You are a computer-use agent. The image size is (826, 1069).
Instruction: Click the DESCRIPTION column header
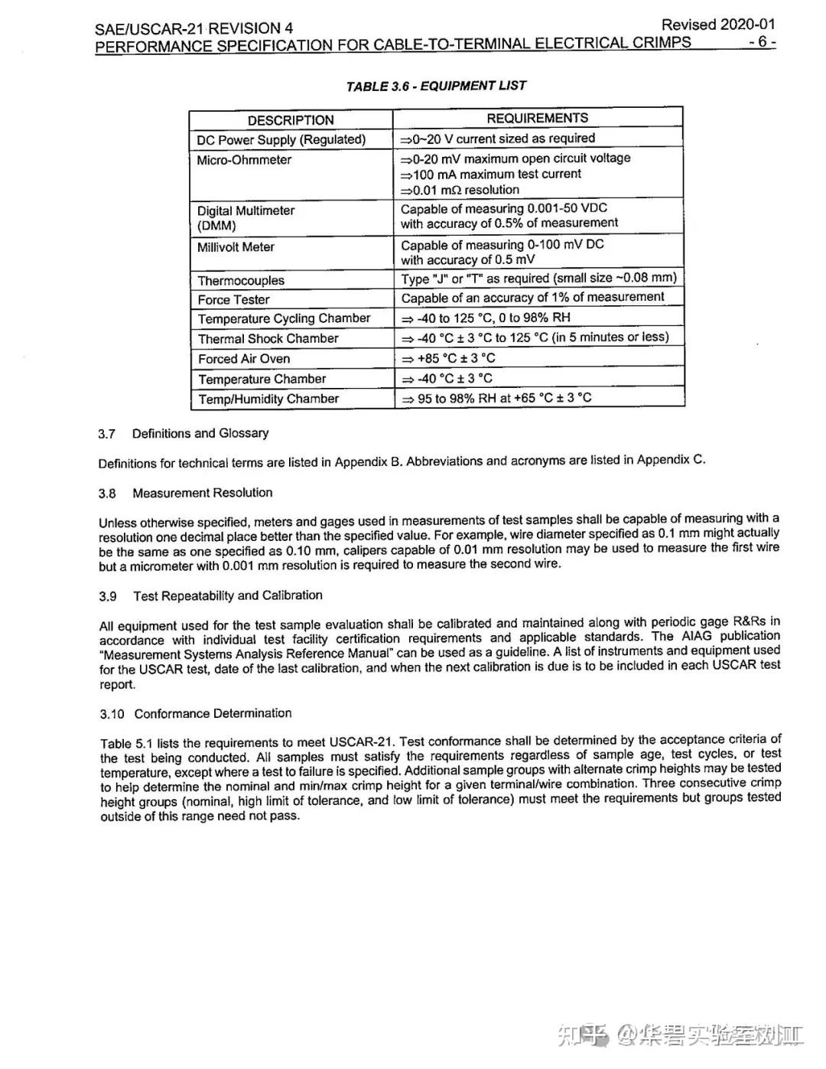tap(291, 120)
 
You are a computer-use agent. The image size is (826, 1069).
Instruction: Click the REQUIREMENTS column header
tap(537, 118)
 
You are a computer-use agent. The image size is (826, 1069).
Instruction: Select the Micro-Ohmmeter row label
tap(244, 160)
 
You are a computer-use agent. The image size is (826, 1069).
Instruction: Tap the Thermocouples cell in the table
tap(241, 281)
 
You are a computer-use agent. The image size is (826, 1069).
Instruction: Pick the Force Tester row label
tap(233, 300)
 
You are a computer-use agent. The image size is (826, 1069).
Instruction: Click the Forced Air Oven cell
tap(244, 359)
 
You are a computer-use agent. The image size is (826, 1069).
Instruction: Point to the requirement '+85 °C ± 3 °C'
tap(456, 358)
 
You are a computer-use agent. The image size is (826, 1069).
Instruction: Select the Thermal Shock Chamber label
tap(268, 338)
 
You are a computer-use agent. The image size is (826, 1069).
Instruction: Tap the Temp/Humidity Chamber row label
tap(268, 399)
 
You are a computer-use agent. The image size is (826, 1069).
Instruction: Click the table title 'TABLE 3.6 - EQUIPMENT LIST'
tap(436, 86)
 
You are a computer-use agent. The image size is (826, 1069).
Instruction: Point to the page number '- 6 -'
tap(762, 41)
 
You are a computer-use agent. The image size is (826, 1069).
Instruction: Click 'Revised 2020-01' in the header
tap(717, 24)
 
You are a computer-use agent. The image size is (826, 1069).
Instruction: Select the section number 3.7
tap(106, 434)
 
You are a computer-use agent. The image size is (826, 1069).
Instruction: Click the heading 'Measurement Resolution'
tap(202, 493)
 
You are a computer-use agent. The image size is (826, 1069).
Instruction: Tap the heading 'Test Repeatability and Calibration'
tap(228, 595)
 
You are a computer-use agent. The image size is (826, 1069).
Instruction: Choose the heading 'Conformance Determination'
tap(213, 713)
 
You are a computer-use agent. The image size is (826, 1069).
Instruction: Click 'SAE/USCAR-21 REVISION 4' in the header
tap(194, 29)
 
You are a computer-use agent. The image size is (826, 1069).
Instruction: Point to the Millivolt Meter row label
tap(236, 247)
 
